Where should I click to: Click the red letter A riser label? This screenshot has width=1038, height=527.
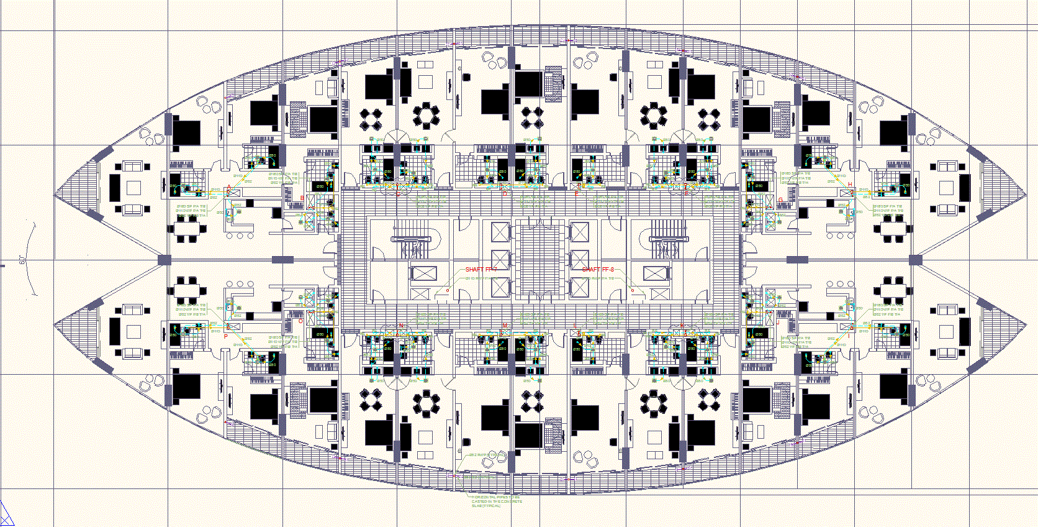pyautogui.click(x=228, y=186)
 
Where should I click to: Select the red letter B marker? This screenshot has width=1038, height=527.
pyautogui.click(x=302, y=199)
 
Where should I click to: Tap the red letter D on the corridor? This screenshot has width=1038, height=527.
pyautogui.click(x=505, y=194)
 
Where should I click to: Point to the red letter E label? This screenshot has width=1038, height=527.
pyautogui.click(x=685, y=193)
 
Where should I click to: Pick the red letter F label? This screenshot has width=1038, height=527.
pyautogui.click(x=576, y=194)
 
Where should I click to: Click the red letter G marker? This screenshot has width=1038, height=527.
pyautogui.click(x=781, y=200)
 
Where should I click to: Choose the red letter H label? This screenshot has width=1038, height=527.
pyautogui.click(x=850, y=185)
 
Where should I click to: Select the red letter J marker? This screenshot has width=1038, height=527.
pyautogui.click(x=777, y=323)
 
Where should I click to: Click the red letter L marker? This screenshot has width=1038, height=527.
pyautogui.click(x=575, y=326)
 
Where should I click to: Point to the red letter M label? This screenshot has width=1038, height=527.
pyautogui.click(x=505, y=326)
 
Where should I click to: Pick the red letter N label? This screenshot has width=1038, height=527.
pyautogui.click(x=401, y=326)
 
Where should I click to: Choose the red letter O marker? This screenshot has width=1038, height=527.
pyautogui.click(x=301, y=321)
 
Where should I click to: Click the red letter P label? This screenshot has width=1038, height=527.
pyautogui.click(x=226, y=336)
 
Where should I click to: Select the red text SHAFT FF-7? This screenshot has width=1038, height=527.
pyautogui.click(x=481, y=270)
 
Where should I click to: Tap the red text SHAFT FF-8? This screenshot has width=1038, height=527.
pyautogui.click(x=598, y=270)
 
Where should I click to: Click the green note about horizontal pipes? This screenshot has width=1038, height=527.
pyautogui.click(x=497, y=501)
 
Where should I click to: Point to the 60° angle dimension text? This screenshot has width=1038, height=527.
pyautogui.click(x=22, y=260)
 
